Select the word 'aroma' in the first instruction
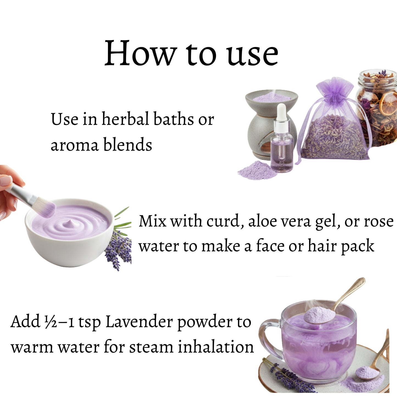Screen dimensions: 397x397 point(74,145)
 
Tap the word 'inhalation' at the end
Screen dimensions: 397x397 point(216,347)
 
